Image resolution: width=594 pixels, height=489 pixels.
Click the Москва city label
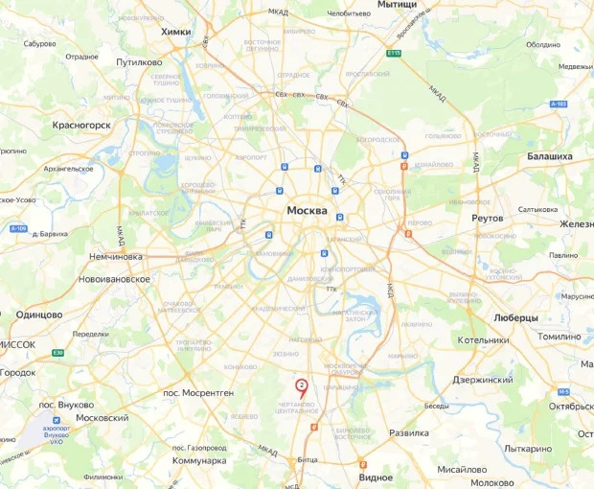[307, 211]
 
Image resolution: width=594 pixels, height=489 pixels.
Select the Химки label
[176, 32]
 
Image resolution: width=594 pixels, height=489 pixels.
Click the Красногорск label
[82, 125]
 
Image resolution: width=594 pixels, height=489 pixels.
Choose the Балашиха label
[549, 156]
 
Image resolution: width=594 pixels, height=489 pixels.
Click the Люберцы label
[515, 317]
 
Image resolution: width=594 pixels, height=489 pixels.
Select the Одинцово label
[39, 314]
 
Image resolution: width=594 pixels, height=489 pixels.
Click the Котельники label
[484, 339]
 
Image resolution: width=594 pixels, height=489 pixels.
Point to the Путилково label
[139, 62]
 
